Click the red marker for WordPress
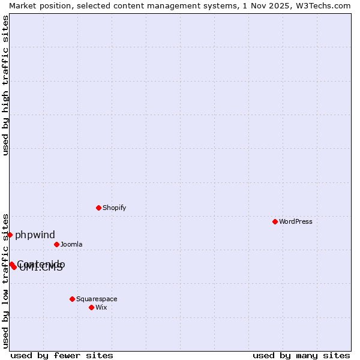tap(275, 221)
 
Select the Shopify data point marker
tap(99, 208)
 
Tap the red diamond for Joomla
tap(57, 244)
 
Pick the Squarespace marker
tap(73, 299)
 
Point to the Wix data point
tap(92, 307)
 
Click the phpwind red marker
tap(10, 235)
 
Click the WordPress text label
tap(296, 221)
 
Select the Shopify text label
tap(114, 208)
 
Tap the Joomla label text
tap(71, 244)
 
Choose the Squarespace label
tap(97, 299)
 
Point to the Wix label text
tap(101, 307)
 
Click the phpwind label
tap(35, 235)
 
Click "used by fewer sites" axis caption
tap(62, 355)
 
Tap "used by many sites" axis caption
tap(301, 355)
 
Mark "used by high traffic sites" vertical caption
tap(5, 85)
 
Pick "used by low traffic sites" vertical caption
tap(5, 281)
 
